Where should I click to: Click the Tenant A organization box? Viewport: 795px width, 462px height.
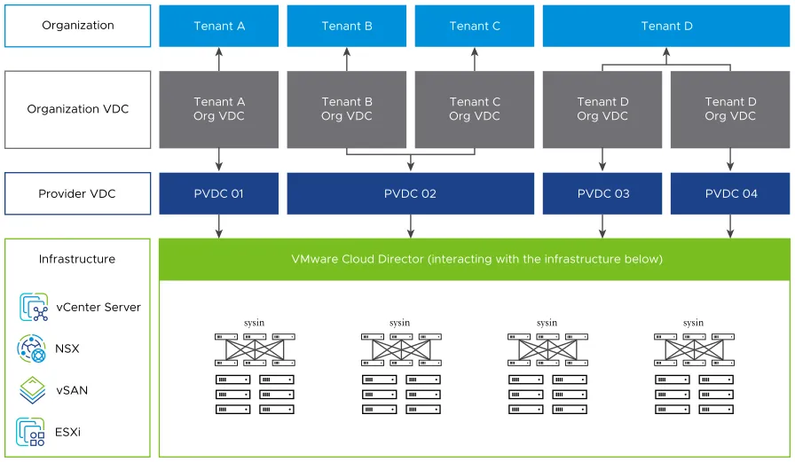(x=219, y=26)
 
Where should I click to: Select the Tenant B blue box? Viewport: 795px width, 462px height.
(x=347, y=26)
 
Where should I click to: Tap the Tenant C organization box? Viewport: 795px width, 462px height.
(x=475, y=26)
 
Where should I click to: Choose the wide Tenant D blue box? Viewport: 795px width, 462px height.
(x=666, y=26)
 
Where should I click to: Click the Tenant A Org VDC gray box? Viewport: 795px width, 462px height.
(x=219, y=109)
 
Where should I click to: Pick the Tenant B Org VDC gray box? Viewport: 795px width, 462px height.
(x=347, y=109)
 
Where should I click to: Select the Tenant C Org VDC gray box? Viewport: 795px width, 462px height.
(x=475, y=109)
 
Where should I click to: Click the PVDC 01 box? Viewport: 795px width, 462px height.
(x=219, y=193)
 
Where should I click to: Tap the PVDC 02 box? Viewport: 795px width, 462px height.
(x=410, y=193)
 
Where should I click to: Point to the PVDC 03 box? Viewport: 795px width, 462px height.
(x=602, y=193)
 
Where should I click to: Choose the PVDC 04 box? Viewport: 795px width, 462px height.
(x=730, y=193)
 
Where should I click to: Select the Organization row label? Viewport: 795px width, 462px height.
(x=78, y=26)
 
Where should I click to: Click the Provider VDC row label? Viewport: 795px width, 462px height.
(x=78, y=193)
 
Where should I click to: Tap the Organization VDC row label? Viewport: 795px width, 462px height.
(x=78, y=109)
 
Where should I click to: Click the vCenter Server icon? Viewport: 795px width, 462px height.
(x=34, y=308)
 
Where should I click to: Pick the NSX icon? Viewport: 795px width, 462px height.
(x=32, y=348)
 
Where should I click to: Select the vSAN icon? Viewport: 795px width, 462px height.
(x=32, y=390)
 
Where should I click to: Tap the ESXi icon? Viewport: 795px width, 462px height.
(x=32, y=432)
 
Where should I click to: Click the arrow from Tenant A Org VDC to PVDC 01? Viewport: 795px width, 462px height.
(x=219, y=161)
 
